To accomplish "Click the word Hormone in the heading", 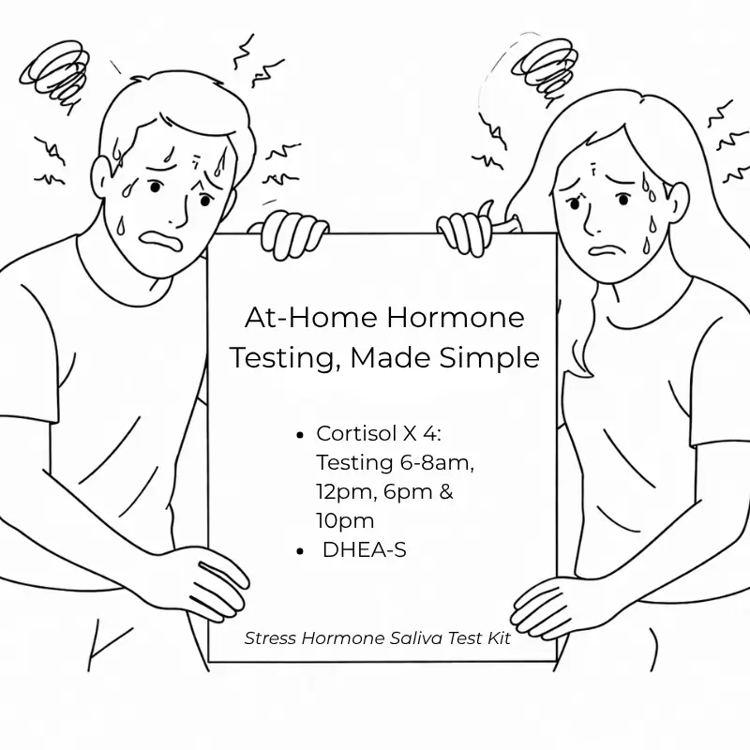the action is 456,317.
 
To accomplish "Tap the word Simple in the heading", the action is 489,358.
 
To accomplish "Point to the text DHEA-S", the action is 365,550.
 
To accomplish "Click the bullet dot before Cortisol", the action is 300,435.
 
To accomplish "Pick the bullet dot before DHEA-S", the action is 300,551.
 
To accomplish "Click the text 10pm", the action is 345,521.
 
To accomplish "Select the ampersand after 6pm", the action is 446,491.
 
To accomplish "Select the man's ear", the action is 101,178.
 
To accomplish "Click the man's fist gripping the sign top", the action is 291,233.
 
